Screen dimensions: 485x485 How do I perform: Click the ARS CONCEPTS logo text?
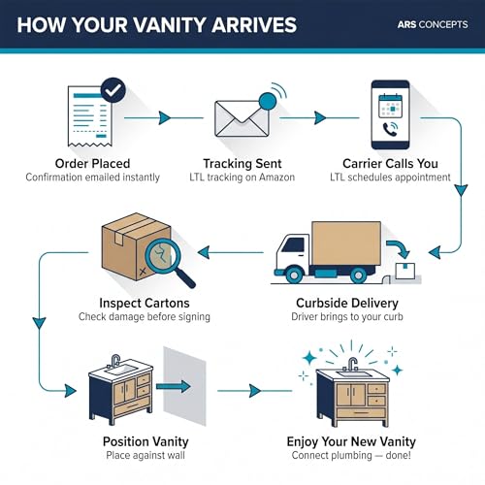(433, 24)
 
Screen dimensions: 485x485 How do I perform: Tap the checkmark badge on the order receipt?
(113, 90)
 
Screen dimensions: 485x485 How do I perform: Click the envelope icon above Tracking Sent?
(242, 118)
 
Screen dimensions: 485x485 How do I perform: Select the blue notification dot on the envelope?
(268, 102)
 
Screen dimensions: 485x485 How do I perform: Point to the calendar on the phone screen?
(390, 106)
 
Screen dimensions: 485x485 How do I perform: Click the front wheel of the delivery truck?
(294, 275)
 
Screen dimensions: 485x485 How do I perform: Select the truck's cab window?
(293, 244)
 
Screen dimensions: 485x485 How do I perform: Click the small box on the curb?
(405, 272)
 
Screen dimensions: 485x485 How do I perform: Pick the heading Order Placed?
(92, 164)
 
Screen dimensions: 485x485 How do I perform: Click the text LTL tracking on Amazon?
(242, 178)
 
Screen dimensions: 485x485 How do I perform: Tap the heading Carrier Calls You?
(390, 164)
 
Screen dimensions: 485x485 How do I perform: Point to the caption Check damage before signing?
(145, 316)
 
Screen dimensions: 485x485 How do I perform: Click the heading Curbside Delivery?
(347, 303)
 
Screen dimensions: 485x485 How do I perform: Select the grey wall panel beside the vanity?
(184, 386)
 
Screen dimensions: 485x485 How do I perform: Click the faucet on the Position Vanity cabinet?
(115, 361)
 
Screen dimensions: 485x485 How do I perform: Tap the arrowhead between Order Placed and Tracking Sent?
(165, 118)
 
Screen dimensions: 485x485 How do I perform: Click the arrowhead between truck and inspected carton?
(204, 252)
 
